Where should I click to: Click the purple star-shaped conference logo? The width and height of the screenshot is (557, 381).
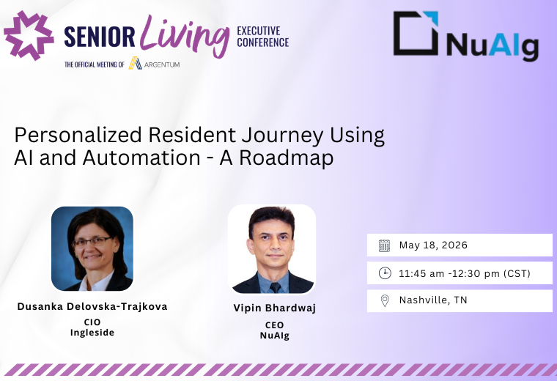(29, 35)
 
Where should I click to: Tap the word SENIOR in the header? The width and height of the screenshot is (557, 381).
(100, 37)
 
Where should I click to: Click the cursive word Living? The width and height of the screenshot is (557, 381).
(185, 35)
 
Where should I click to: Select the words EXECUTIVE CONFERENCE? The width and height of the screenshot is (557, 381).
(263, 37)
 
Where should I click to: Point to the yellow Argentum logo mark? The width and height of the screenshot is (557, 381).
(135, 63)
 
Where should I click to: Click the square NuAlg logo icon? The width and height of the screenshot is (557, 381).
(416, 33)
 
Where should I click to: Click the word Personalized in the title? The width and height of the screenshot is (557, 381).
(78, 136)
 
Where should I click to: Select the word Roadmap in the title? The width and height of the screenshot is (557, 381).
(287, 158)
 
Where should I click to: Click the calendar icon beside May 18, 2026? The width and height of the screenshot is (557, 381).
(384, 245)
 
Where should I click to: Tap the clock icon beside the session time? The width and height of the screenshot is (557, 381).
(385, 273)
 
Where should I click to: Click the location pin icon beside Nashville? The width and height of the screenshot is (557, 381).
(385, 300)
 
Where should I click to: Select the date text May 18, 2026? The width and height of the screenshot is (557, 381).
(433, 245)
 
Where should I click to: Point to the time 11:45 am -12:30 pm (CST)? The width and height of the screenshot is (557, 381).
(465, 273)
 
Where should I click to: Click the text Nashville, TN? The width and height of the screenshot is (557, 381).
(433, 300)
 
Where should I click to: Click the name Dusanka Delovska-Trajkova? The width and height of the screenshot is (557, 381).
(92, 307)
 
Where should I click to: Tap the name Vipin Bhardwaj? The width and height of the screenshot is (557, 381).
(275, 308)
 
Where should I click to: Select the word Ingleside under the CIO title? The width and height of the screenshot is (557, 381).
(92, 333)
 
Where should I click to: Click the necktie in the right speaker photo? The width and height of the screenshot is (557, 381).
(275, 287)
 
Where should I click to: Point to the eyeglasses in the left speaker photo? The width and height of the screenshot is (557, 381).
(92, 242)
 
